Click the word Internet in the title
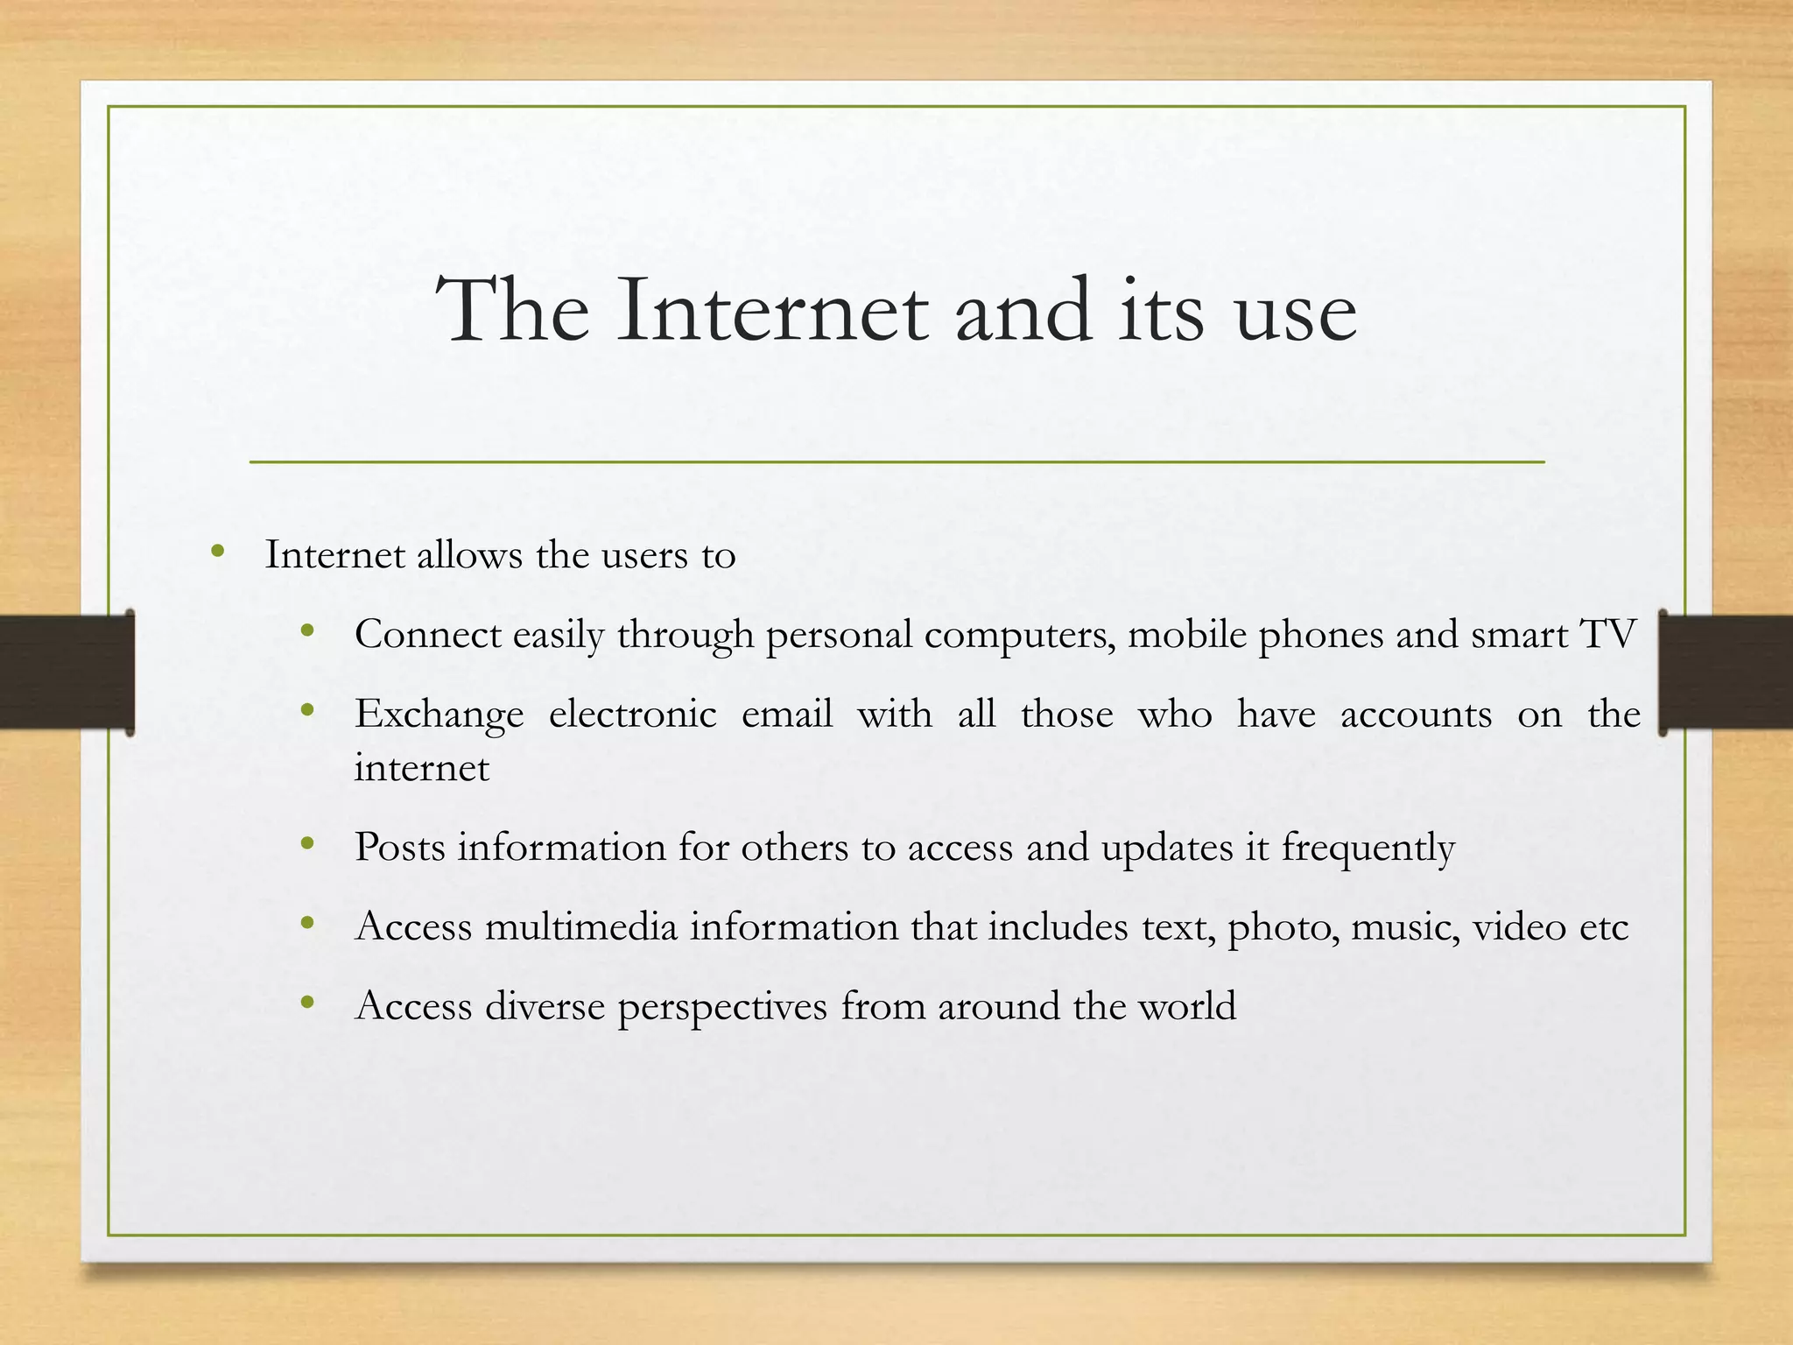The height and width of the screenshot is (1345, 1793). pyautogui.click(x=771, y=310)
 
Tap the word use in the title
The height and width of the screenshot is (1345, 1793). pyautogui.click(x=1296, y=315)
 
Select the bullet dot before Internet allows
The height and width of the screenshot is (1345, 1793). pyautogui.click(x=218, y=552)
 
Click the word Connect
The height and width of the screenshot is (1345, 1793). pyautogui.click(x=427, y=634)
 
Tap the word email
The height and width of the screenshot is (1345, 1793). pyautogui.click(x=786, y=714)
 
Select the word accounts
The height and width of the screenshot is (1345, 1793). pyautogui.click(x=1416, y=714)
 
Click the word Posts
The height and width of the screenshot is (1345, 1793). pyautogui.click(x=400, y=847)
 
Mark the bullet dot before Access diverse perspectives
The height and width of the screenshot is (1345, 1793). pyautogui.click(x=307, y=1003)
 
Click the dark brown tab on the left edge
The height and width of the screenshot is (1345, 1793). pyautogui.click(x=66, y=672)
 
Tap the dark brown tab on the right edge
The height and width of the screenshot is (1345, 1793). pyautogui.click(x=1726, y=672)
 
